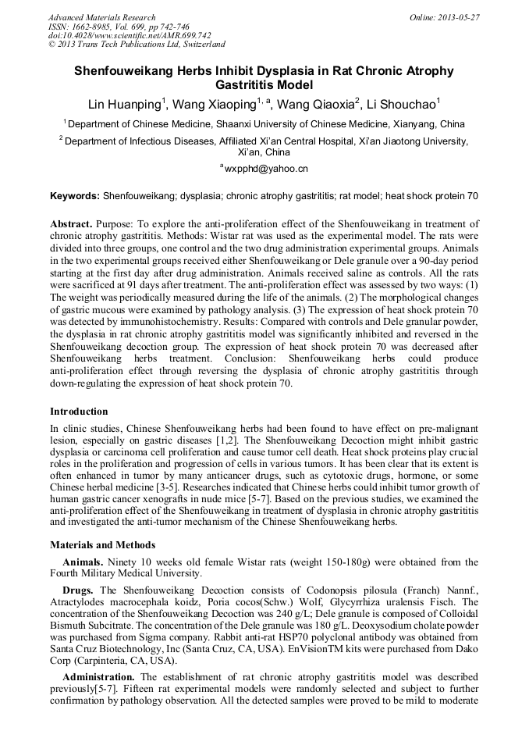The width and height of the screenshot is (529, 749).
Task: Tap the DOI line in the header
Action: coord(129,36)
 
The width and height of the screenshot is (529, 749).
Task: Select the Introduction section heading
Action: coord(79,412)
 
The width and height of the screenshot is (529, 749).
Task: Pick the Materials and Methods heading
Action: coord(102,545)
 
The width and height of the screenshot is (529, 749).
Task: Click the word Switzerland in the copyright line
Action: coord(199,45)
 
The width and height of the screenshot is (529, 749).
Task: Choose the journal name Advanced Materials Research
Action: coord(101,17)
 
